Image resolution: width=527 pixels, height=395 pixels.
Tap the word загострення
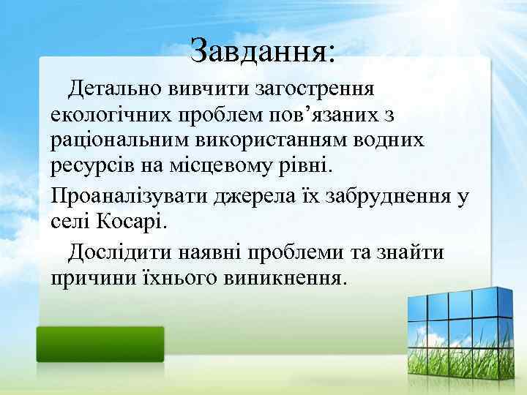315,91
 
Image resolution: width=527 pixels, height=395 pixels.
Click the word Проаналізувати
129,195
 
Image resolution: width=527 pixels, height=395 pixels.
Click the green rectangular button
100,343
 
